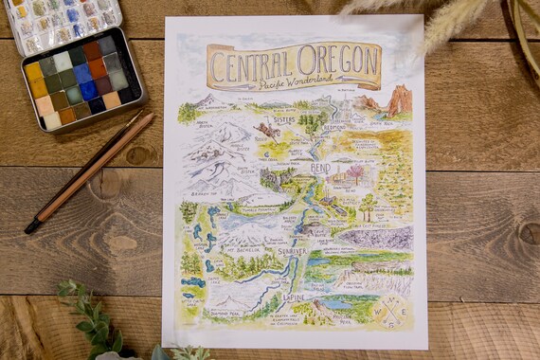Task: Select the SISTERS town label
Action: pos(283,120)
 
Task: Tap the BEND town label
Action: pos(320,169)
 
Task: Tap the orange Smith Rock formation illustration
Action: pos(397,99)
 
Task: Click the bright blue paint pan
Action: pos(88,91)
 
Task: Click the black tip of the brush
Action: pos(33,226)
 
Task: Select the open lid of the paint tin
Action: pos(62,21)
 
